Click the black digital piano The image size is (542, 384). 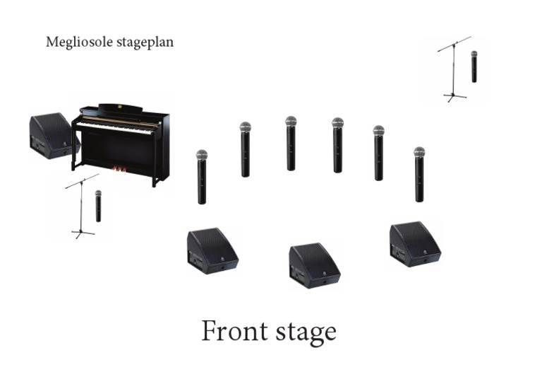click(x=124, y=141)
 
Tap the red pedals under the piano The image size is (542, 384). click(x=122, y=170)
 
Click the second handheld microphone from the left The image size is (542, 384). click(x=245, y=149)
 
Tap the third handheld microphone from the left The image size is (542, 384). click(x=291, y=144)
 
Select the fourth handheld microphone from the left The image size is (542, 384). click(x=337, y=145)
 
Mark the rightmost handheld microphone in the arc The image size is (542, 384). click(x=419, y=174)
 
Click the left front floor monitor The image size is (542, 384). click(x=211, y=250)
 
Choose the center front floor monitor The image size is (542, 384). click(x=313, y=265)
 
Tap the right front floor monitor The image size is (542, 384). click(x=414, y=244)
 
